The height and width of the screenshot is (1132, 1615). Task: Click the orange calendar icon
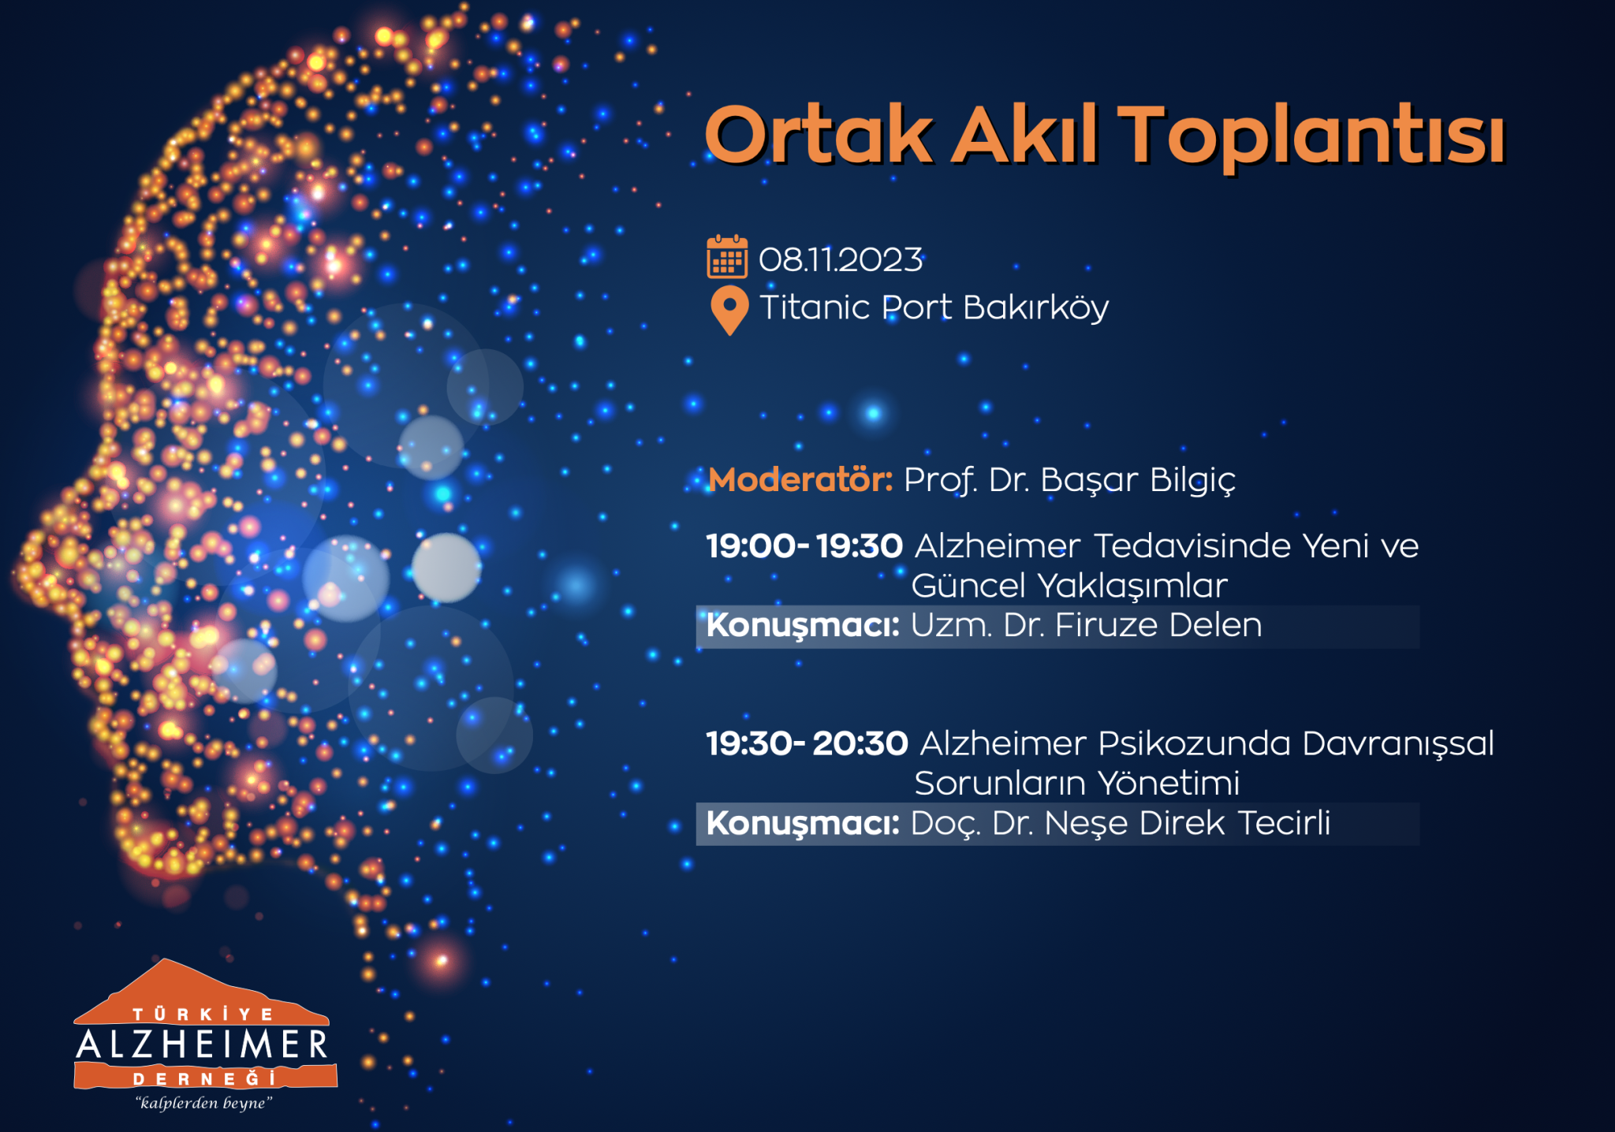pyautogui.click(x=727, y=256)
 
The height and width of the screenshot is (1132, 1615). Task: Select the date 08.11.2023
pyautogui.click(x=841, y=260)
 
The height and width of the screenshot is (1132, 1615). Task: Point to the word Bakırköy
pyautogui.click(x=1035, y=308)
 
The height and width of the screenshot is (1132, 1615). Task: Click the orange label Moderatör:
pyautogui.click(x=800, y=479)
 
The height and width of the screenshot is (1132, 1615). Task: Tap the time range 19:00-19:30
pyautogui.click(x=804, y=546)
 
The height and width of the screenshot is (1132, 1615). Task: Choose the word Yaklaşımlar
pyautogui.click(x=1132, y=586)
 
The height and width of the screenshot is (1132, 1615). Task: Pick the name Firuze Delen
pyautogui.click(x=1158, y=625)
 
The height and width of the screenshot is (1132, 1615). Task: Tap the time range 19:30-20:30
pyautogui.click(x=807, y=743)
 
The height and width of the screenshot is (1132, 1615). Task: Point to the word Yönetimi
pyautogui.click(x=1169, y=784)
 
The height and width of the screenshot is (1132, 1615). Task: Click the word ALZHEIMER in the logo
pyautogui.click(x=202, y=1044)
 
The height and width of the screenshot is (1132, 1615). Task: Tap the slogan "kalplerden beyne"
pyautogui.click(x=203, y=1103)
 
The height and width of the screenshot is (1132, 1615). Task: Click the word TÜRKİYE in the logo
pyautogui.click(x=203, y=1014)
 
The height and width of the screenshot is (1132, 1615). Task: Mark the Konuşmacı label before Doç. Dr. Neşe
pyautogui.click(x=803, y=824)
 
